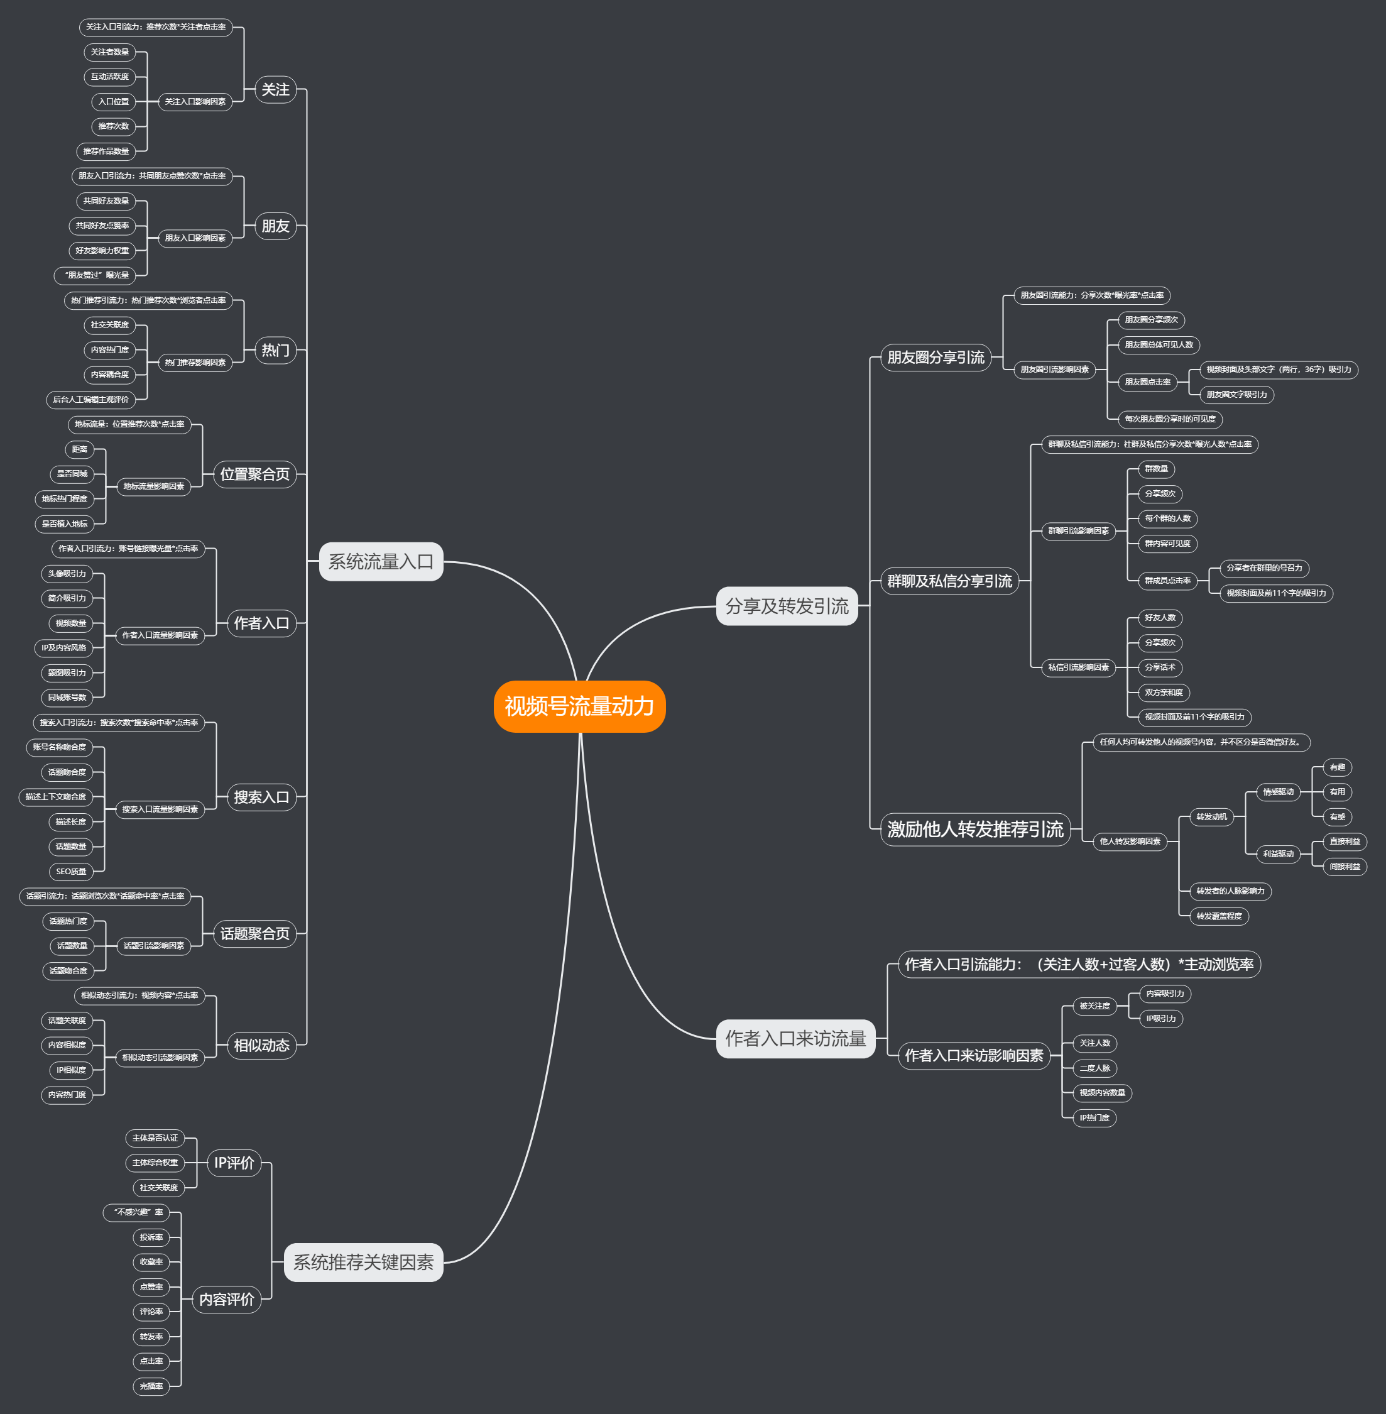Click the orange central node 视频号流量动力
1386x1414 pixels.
pos(579,706)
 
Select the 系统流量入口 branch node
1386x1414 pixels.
pos(381,561)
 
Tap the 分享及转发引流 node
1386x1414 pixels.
pos(787,606)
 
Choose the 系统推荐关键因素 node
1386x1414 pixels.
pos(363,1262)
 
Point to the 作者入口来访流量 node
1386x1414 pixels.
pos(795,1038)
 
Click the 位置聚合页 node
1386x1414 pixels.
pos(255,474)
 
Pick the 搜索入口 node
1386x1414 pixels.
pos(261,797)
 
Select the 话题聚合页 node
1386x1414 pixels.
pos(255,933)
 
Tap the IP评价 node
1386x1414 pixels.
pos(234,1163)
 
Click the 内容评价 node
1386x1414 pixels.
pos(226,1300)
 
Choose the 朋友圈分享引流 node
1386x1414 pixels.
pos(936,358)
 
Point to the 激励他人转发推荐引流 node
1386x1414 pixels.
pos(974,830)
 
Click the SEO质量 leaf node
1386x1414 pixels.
pos(72,872)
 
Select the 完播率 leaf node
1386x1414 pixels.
pos(151,1386)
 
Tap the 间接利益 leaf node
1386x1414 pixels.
pos(1345,867)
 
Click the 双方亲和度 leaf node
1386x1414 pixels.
pos(1163,693)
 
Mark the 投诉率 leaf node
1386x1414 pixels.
pos(151,1237)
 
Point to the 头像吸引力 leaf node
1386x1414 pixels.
pos(67,574)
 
